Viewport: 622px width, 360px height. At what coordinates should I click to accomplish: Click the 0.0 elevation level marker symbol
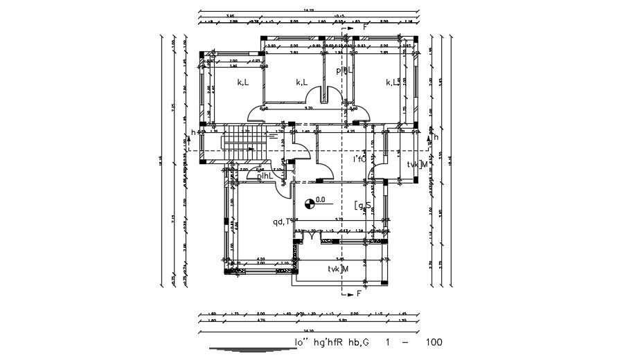pyautogui.click(x=308, y=202)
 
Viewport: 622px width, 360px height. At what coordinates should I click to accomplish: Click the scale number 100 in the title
pyautogui.click(x=434, y=343)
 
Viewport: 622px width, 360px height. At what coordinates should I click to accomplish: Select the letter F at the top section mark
pyautogui.click(x=356, y=27)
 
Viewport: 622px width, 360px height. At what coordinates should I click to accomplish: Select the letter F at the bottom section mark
pyautogui.click(x=359, y=294)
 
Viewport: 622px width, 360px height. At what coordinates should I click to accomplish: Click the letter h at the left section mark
pyautogui.click(x=194, y=132)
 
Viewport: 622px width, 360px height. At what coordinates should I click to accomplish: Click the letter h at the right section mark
pyautogui.click(x=436, y=137)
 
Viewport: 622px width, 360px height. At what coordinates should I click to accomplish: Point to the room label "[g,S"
pyautogui.click(x=364, y=205)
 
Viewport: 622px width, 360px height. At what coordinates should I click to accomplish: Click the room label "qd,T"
pyautogui.click(x=282, y=222)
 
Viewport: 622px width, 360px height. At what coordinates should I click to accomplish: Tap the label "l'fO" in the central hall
pyautogui.click(x=360, y=160)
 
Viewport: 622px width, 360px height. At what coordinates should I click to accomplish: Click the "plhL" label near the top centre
pyautogui.click(x=344, y=70)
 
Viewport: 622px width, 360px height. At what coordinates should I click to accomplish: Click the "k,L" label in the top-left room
pyautogui.click(x=243, y=82)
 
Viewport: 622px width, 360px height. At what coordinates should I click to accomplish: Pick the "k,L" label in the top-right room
pyautogui.click(x=392, y=82)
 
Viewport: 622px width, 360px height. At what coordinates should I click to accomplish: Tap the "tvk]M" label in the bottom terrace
pyautogui.click(x=338, y=269)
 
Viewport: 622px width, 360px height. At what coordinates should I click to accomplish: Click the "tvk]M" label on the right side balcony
pyautogui.click(x=417, y=164)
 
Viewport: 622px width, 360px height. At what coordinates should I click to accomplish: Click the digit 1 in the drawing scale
pyautogui.click(x=388, y=343)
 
